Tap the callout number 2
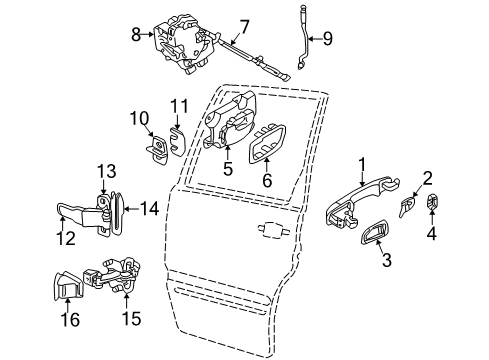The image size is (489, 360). click(427, 179)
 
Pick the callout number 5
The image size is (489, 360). click(228, 170)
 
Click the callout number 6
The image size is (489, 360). click(266, 182)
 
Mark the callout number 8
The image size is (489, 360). click(138, 33)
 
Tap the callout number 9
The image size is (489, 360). click(326, 41)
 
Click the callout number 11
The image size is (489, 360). click(178, 105)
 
